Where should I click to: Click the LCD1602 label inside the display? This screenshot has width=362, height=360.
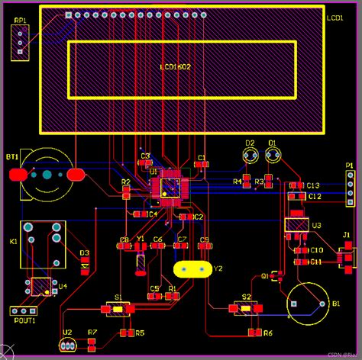pos(175,68)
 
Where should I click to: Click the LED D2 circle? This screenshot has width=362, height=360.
pos(250,156)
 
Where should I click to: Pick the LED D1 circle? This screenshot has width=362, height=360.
pos(273,156)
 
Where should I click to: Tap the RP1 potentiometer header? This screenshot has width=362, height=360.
pos(21,42)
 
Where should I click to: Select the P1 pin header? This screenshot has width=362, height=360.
pos(350,189)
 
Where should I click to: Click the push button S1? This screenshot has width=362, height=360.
pos(117,309)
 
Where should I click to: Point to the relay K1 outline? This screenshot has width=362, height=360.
pos(42,244)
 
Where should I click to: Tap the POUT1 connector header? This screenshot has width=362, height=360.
pos(23,310)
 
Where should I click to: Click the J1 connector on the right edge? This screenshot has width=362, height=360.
pos(346,256)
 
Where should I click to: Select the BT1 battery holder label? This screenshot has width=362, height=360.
pos(12,157)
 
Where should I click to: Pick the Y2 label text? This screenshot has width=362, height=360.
pos(218,268)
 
